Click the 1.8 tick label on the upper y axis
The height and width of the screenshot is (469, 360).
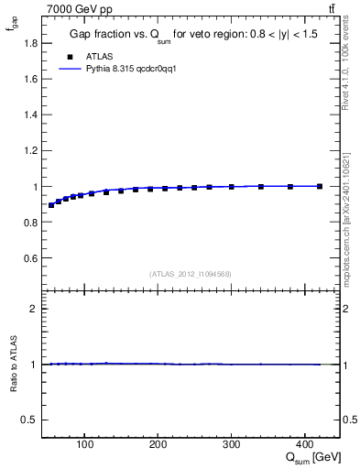[29, 43]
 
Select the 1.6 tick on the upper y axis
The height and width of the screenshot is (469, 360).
[29, 79]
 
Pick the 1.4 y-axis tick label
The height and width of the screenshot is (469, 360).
[29, 115]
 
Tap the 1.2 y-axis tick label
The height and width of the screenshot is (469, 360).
[29, 150]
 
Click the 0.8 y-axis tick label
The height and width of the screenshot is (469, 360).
[29, 222]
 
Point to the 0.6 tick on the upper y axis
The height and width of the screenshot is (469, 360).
[29, 258]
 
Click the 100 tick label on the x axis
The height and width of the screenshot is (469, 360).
[85, 446]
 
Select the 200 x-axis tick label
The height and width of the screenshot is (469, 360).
[158, 446]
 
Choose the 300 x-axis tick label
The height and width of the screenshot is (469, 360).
[232, 446]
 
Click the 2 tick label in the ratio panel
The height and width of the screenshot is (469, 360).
[34, 309]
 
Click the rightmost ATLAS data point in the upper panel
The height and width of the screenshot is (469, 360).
[320, 186]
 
